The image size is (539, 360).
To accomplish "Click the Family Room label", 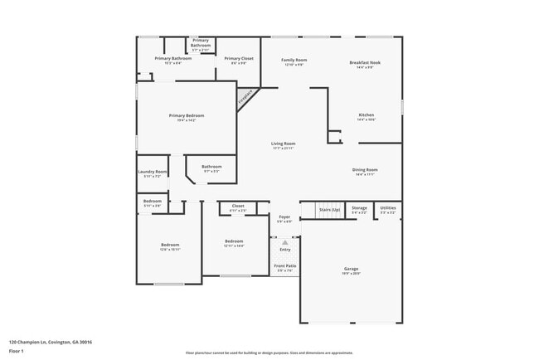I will coord(294,60).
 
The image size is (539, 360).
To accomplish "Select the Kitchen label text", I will coord(366,114).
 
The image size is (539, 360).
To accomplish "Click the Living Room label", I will coord(283,144).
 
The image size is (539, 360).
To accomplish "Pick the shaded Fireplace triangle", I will coord(245,99).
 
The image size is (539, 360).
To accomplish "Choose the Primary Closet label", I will coord(238,58).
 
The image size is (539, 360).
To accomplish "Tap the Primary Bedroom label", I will coord(187,115).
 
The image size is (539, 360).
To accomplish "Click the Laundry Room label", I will coord(153,172).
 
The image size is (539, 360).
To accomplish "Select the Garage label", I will coord(351,269).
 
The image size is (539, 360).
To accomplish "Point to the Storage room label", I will coord(359,208).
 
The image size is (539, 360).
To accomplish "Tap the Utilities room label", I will coord(388,208).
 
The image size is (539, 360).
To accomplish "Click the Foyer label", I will coord(284,217).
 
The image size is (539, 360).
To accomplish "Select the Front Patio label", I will coord(285,265).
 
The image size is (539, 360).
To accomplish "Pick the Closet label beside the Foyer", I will coord(237,206).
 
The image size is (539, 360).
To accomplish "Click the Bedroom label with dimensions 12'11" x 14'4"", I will coord(233,242).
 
